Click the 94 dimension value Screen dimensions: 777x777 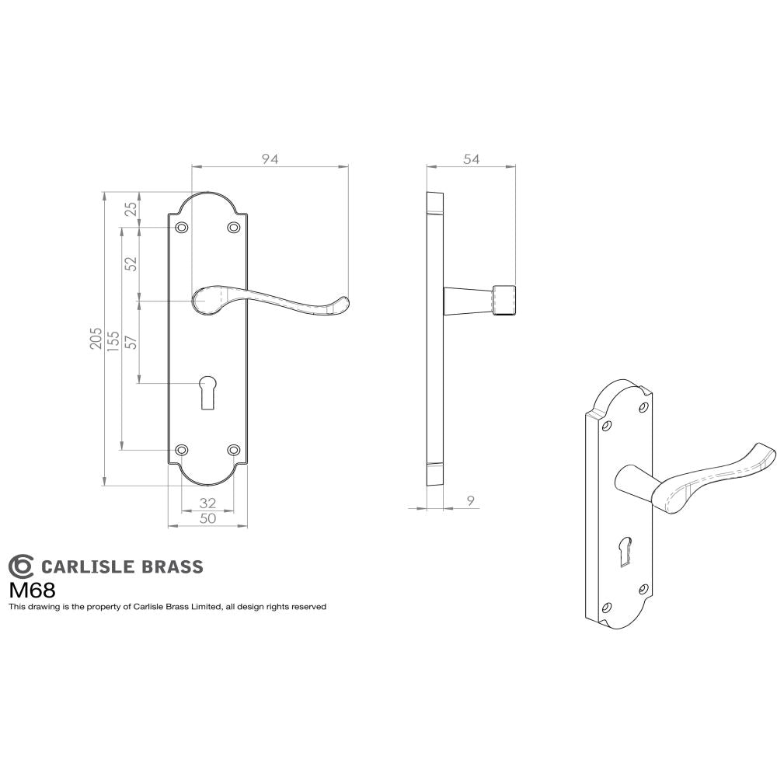[270, 159]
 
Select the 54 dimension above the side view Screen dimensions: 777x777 [471, 159]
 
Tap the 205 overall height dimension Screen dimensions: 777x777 [96, 339]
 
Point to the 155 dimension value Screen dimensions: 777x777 [113, 339]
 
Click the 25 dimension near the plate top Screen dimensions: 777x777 [132, 209]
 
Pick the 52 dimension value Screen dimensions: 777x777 [132, 263]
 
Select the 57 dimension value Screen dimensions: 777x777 [132, 341]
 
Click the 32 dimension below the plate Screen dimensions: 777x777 [207, 503]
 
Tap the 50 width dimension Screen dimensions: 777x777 [207, 519]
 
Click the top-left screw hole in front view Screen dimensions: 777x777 [183, 228]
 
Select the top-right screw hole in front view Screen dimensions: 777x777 [233, 228]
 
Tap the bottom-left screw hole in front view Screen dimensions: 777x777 [183, 450]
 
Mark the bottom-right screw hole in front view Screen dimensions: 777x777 [233, 450]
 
